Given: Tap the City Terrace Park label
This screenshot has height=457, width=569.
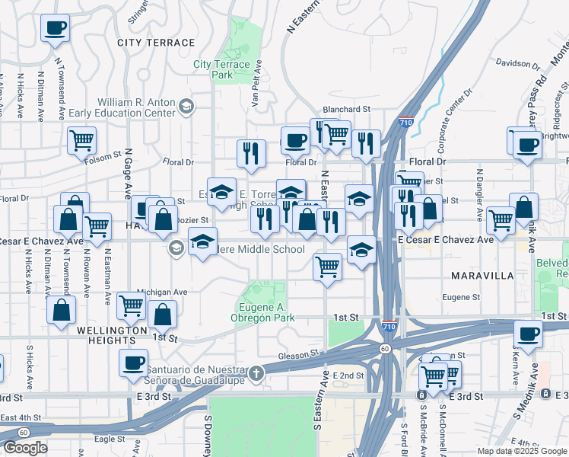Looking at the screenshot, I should click(x=222, y=70).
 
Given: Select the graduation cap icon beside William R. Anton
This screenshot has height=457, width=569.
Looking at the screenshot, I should click(x=186, y=107).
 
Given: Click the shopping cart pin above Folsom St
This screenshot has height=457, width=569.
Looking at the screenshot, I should click(x=81, y=140).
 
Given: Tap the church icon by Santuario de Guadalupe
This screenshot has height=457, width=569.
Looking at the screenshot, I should click(x=257, y=373).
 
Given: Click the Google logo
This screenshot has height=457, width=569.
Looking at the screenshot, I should click(x=25, y=448).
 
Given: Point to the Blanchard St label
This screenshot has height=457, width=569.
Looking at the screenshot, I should click(x=346, y=109).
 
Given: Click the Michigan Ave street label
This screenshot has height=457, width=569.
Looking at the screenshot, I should click(x=162, y=292).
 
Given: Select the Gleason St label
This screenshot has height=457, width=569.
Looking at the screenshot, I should click(x=297, y=354).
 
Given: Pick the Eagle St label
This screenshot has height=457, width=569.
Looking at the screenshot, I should click(x=110, y=439).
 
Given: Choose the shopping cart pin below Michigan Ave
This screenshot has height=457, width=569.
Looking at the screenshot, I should click(x=132, y=305).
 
